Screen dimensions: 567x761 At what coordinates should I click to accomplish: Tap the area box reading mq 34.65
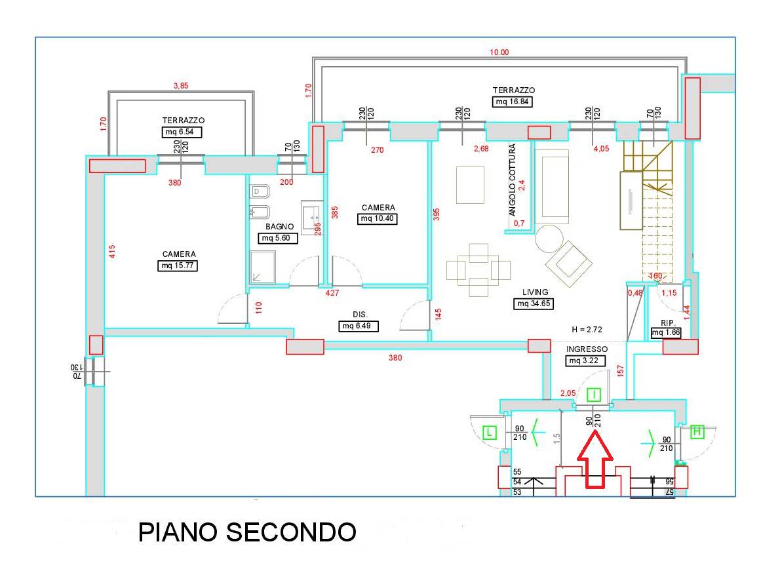pyautogui.click(x=535, y=303)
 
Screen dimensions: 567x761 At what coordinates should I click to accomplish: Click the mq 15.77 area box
pyautogui.click(x=179, y=265)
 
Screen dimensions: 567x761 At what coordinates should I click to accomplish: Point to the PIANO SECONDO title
pyautogui.click(x=247, y=532)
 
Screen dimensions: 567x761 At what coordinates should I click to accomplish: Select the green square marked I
pyautogui.click(x=593, y=395)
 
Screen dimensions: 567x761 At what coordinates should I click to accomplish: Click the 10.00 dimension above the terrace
pyautogui.click(x=500, y=52)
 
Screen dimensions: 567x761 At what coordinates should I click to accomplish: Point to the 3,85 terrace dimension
pyautogui.click(x=180, y=85)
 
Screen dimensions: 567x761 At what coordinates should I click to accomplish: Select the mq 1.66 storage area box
pyautogui.click(x=666, y=333)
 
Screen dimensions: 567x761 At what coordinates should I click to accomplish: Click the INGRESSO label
pyautogui.click(x=587, y=349)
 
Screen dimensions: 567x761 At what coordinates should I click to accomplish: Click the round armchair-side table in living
pyautogui.click(x=549, y=240)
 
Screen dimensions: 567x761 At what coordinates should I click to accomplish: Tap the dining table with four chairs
pyautogui.click(x=478, y=269)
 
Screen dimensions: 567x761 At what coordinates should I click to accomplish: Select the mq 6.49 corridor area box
pyautogui.click(x=359, y=326)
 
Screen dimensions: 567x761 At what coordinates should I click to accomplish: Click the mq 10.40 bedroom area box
pyautogui.click(x=378, y=219)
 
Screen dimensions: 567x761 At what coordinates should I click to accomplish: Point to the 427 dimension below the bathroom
pyautogui.click(x=332, y=294)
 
